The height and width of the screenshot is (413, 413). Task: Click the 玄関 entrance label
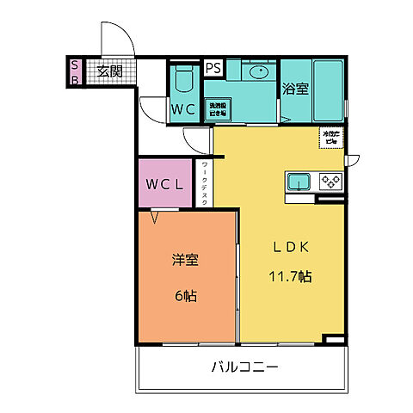pyautogui.click(x=108, y=71)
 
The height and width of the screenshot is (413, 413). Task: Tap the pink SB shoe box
pyautogui.click(x=75, y=72)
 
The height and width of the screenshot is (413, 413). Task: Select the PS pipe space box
pyautogui.click(x=213, y=67)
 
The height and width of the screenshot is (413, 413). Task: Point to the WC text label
pyautogui.click(x=182, y=110)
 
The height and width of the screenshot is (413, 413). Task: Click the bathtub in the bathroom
pyautogui.click(x=328, y=89)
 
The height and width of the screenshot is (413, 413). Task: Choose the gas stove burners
pyautogui.click(x=330, y=182)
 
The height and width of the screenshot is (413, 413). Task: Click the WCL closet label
pyautogui.click(x=163, y=184)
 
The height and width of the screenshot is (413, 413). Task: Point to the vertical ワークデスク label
pyautogui.click(x=204, y=184)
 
